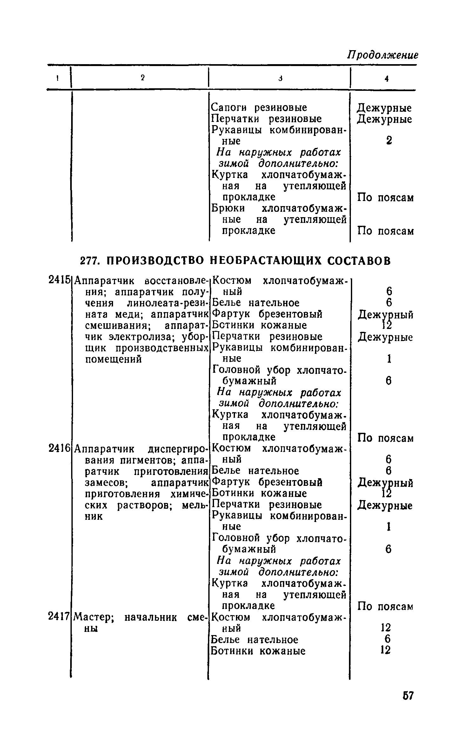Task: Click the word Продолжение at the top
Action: click(x=383, y=55)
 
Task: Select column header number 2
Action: click(x=143, y=77)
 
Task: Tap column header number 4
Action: click(x=386, y=78)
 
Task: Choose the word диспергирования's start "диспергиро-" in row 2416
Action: click(x=178, y=449)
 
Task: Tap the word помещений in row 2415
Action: click(x=114, y=359)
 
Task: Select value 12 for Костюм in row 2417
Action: click(x=386, y=628)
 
